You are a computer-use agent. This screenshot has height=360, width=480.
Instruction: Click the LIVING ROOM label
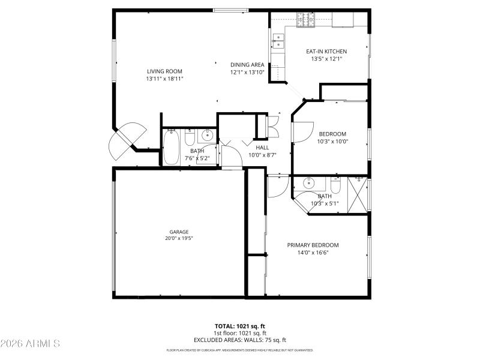pyautogui.click(x=164, y=71)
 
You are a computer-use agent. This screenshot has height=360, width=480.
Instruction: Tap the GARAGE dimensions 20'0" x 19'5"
pyautogui.click(x=179, y=238)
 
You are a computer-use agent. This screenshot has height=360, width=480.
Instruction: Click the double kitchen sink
pyautogui.click(x=280, y=41)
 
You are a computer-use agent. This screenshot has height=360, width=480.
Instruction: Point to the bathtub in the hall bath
pyautogui.click(x=172, y=148)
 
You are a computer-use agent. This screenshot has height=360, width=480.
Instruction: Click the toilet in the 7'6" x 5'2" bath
pyautogui.click(x=189, y=139)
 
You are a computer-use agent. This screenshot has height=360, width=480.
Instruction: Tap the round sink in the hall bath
pyautogui.click(x=207, y=134)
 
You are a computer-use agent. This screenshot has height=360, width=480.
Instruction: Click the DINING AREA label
pyautogui.click(x=247, y=65)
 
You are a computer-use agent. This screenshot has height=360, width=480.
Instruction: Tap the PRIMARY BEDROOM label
pyautogui.click(x=313, y=245)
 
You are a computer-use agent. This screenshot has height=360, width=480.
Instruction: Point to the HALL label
pyautogui.click(x=262, y=147)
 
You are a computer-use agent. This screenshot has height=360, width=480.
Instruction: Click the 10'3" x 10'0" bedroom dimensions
pyautogui.click(x=334, y=142)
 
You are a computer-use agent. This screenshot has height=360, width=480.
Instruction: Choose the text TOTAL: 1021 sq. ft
pyautogui.click(x=239, y=326)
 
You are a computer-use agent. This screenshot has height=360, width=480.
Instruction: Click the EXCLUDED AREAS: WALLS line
pyautogui.click(x=239, y=340)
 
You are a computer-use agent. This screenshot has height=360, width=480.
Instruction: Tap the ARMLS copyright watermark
pyautogui.click(x=30, y=344)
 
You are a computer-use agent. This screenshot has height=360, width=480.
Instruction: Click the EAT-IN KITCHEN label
pyautogui.click(x=326, y=52)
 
